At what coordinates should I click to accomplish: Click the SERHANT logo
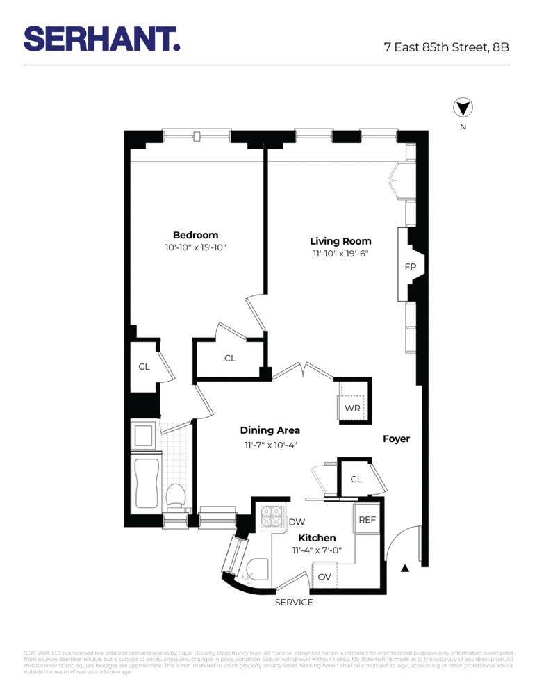pos(102,38)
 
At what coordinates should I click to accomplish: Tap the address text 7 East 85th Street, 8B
pos(447,48)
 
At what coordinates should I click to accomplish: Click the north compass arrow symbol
pos(463,108)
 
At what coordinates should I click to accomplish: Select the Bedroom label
pos(195,235)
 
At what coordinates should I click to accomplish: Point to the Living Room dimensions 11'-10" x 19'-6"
pos(340,254)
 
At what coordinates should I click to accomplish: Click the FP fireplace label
pos(410,267)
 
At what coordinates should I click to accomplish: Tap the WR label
pos(352,408)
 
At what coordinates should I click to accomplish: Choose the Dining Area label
pos(270,430)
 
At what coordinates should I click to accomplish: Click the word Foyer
pos(397,439)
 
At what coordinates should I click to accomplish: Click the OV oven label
pos(324,577)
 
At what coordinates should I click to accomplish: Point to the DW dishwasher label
pos(297,522)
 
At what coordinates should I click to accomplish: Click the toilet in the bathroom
pos(175,496)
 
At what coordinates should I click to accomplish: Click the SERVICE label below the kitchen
pos(294,602)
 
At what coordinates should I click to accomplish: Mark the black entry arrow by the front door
pos(405,569)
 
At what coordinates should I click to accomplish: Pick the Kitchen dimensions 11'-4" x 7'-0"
pos(317,550)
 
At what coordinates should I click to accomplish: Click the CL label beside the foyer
pos(356,480)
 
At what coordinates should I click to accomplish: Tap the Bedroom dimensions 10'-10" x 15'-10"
pos(195,247)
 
